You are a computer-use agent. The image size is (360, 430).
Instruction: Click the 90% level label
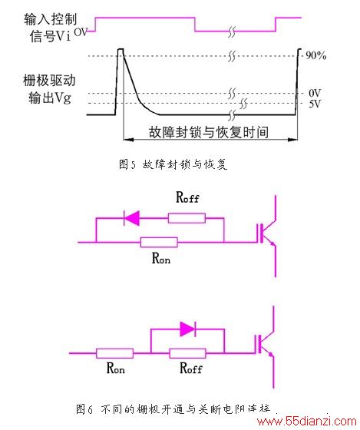(315, 55)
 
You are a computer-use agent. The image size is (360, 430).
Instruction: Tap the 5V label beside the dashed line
(315, 104)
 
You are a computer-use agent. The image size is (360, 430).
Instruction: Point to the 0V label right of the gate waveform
(315, 93)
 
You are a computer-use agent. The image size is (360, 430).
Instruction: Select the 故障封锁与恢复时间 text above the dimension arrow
(209, 132)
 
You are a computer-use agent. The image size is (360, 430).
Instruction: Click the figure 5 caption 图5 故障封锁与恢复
(173, 164)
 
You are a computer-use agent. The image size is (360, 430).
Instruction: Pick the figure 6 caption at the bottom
(173, 408)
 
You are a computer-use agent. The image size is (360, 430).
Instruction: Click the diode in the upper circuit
(132, 218)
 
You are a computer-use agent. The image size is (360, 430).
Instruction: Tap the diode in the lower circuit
(188, 329)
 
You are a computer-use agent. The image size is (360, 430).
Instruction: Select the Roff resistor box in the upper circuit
(187, 218)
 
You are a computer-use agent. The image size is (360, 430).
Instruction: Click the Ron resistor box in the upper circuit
(159, 243)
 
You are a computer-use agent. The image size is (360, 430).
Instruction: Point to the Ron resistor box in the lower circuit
(115, 353)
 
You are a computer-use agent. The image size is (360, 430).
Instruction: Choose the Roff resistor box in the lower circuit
(188, 353)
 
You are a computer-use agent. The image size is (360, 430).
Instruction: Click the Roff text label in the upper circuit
(187, 197)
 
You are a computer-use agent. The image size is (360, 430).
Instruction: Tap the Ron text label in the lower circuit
(115, 368)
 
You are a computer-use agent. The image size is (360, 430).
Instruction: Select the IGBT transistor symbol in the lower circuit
(265, 347)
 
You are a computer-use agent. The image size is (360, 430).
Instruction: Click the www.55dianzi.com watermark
(306, 421)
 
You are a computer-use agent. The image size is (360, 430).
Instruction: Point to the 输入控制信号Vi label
(51, 28)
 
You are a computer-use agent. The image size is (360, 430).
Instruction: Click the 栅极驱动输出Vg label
(49, 89)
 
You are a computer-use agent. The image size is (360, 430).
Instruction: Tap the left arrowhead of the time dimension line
(128, 140)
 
